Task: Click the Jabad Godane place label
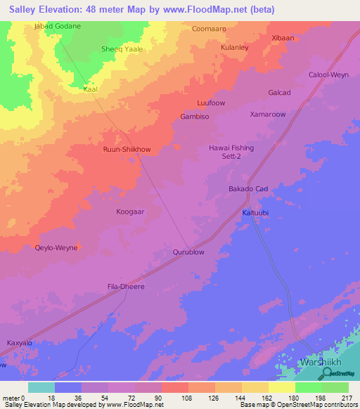click(57, 26)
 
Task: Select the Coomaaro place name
click(209, 29)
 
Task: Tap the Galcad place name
click(279, 93)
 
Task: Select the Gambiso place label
click(195, 117)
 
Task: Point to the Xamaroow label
click(268, 114)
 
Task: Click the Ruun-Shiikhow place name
click(127, 150)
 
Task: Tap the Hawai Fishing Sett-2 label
click(231, 153)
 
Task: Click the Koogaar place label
click(131, 211)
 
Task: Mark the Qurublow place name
click(188, 251)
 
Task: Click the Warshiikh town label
click(321, 362)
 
